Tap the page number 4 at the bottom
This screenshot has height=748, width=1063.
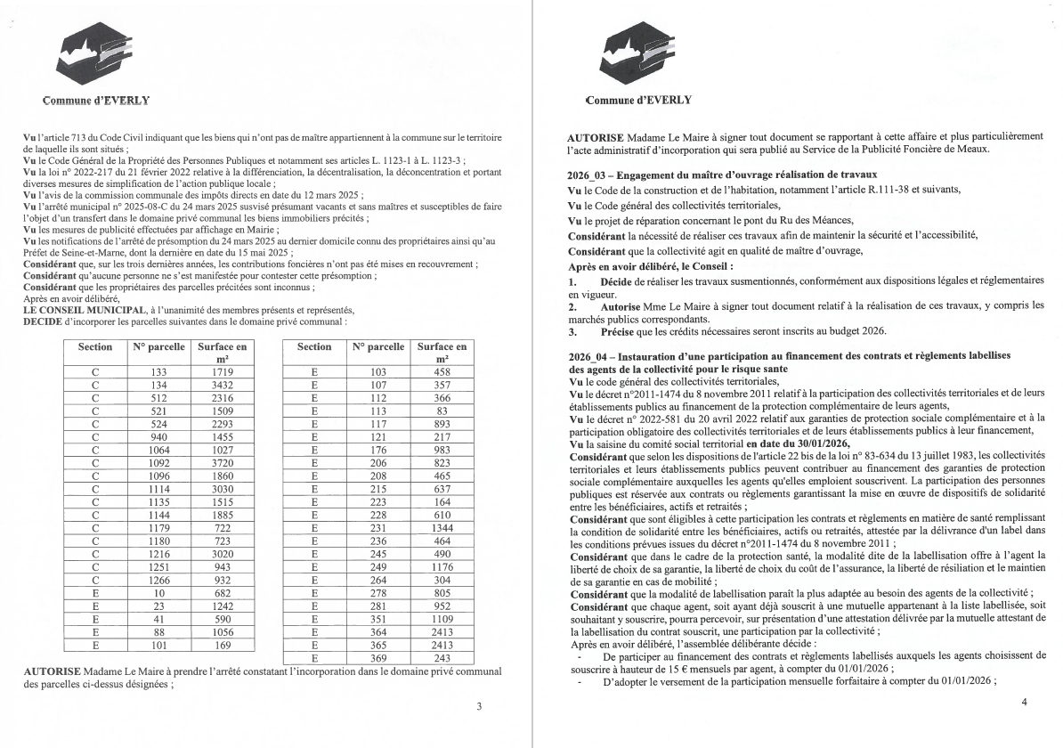tap(1024, 702)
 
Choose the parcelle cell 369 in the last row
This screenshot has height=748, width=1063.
tap(378, 657)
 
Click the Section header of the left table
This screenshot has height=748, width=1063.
tap(95, 346)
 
